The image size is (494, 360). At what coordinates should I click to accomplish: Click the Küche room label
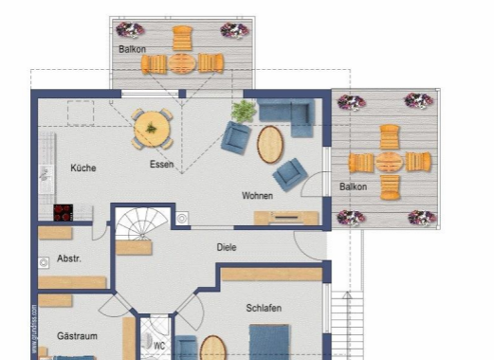(x=83, y=168)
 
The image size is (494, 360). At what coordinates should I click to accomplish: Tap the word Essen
(x=161, y=165)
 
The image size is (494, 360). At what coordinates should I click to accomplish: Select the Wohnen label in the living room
(x=257, y=195)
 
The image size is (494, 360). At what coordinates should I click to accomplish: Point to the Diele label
(x=226, y=247)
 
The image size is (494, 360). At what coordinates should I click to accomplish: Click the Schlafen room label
(x=264, y=309)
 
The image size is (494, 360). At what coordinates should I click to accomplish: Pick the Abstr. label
(x=69, y=258)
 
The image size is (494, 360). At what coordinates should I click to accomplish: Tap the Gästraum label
(x=77, y=336)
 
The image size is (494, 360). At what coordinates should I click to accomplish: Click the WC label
(x=160, y=345)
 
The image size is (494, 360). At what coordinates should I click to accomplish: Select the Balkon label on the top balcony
(x=132, y=49)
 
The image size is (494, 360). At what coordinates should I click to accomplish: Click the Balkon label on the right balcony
(x=353, y=187)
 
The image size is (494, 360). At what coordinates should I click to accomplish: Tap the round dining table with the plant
(x=152, y=129)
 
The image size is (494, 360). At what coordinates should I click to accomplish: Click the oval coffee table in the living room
(x=270, y=144)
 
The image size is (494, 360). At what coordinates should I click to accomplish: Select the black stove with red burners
(x=63, y=212)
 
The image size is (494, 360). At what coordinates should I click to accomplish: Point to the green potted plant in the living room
(x=244, y=111)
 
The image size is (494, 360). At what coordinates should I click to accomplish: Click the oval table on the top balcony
(x=182, y=64)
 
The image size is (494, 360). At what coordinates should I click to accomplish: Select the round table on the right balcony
(x=389, y=162)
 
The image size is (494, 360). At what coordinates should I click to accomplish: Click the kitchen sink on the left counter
(x=46, y=173)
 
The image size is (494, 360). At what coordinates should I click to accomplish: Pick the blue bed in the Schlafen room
(x=269, y=341)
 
